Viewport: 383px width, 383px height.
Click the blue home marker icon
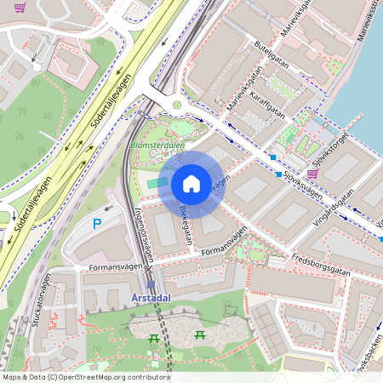pos(191,184)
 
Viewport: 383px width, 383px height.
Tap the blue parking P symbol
pos(97,224)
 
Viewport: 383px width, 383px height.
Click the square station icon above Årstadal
pos(151,285)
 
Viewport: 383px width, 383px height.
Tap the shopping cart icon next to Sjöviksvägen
pos(312,174)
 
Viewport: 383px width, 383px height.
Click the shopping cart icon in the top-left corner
pos(20,7)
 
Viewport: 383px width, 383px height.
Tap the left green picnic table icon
pos(153,338)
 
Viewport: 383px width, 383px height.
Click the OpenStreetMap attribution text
pos(85,377)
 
